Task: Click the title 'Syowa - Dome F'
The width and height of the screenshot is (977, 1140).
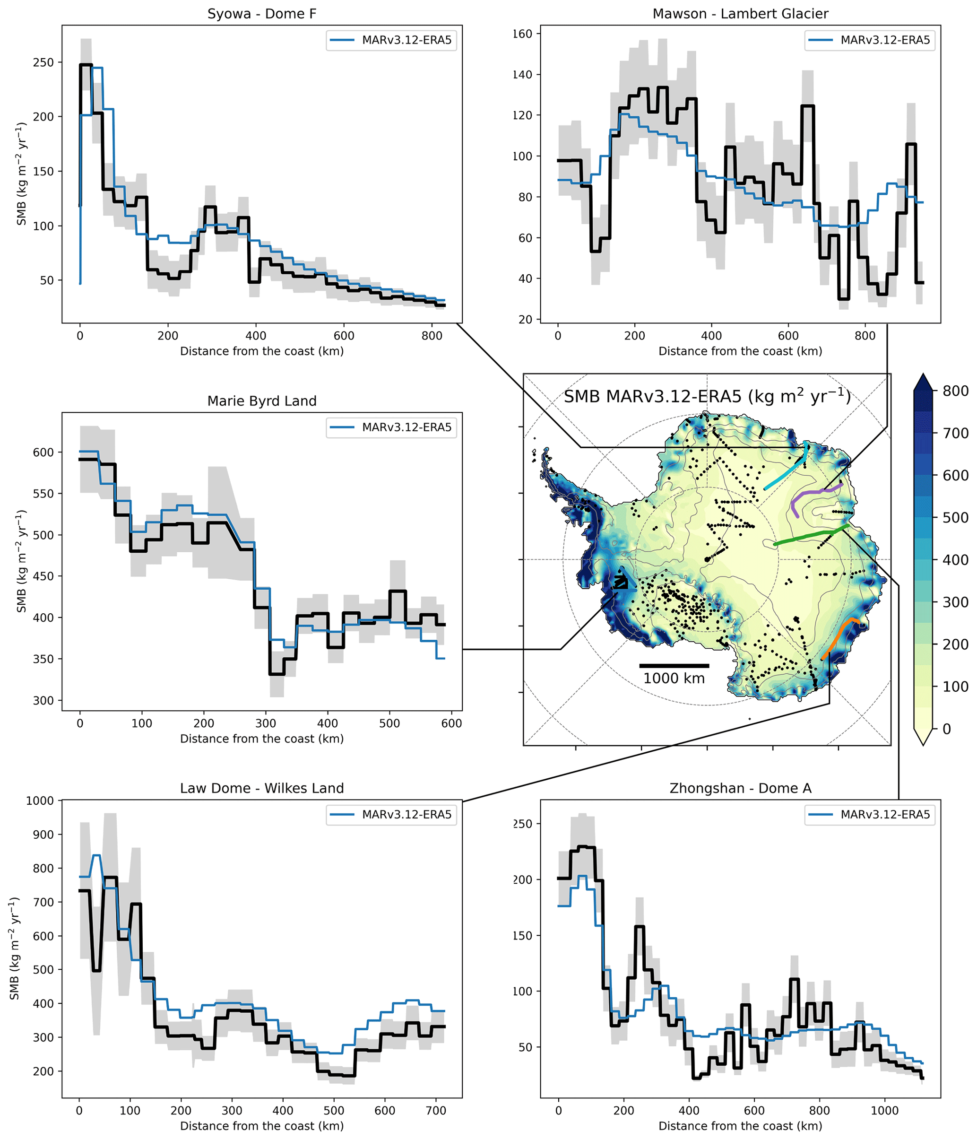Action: (x=262, y=14)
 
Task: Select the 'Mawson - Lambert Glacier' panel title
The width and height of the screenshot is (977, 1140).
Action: (x=740, y=14)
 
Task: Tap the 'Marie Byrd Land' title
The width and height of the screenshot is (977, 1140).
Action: (x=262, y=401)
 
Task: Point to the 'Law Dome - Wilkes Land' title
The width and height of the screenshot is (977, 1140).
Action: (x=262, y=788)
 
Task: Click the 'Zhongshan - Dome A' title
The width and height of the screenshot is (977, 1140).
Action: (x=740, y=788)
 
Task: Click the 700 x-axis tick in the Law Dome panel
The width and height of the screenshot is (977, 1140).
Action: (x=436, y=1110)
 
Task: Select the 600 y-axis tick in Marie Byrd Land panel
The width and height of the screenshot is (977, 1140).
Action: (x=43, y=452)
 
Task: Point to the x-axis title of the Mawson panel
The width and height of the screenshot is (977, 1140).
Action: (x=740, y=351)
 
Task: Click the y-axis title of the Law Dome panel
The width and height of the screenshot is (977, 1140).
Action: (x=15, y=949)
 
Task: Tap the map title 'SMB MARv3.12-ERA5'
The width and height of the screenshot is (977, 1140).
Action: (x=707, y=396)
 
